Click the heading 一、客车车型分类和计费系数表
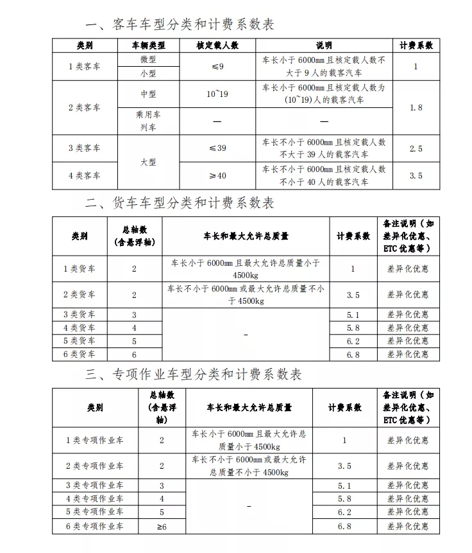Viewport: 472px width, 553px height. tap(180, 25)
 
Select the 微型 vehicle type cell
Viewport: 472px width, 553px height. tap(148, 59)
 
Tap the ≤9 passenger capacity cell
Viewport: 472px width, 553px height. tap(217, 66)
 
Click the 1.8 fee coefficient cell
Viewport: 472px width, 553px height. tap(416, 107)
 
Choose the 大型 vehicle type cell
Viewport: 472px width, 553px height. tap(148, 162)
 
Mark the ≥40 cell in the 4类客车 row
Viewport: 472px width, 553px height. tap(217, 175)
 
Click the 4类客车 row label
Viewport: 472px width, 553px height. tap(85, 175)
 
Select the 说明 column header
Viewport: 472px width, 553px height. tap(324, 46)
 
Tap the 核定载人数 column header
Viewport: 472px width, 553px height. tap(217, 46)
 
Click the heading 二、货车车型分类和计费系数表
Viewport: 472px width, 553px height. tap(180, 203)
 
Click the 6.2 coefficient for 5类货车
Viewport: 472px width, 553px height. tap(353, 341)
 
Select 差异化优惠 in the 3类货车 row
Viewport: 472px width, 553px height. tap(407, 315)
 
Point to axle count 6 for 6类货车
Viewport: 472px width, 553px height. tap(134, 355)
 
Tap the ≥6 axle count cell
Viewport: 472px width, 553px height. tap(162, 527)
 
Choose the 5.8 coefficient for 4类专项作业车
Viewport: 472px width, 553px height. tap(344, 498)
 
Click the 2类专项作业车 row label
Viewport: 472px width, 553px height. tap(94, 465)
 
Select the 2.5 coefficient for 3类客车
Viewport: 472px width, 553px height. tap(416, 148)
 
